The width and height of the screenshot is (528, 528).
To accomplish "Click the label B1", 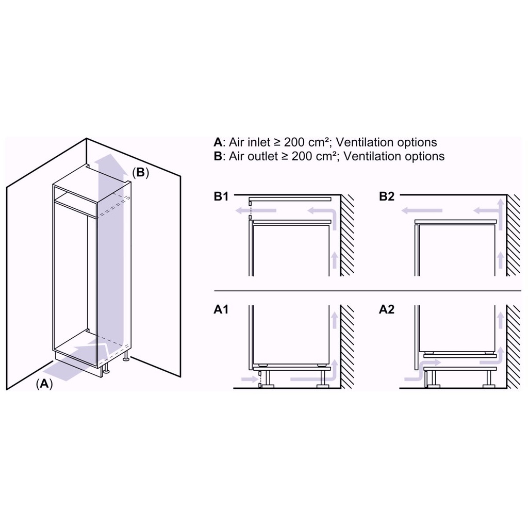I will pyautogui.click(x=221, y=196).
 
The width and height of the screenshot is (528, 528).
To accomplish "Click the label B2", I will pyautogui.click(x=387, y=196).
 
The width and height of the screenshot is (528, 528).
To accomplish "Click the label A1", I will pyautogui.click(x=221, y=310).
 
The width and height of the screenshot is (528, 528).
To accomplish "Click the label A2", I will pyautogui.click(x=387, y=310).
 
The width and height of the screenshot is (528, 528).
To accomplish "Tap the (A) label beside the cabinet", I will pyautogui.click(x=44, y=383).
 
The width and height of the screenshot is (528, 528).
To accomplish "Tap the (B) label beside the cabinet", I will pyautogui.click(x=140, y=173).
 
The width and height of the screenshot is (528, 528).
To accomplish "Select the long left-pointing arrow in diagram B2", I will pyautogui.click(x=422, y=210).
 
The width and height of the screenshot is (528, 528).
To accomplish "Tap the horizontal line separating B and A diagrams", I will pyautogui.click(x=366, y=291).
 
